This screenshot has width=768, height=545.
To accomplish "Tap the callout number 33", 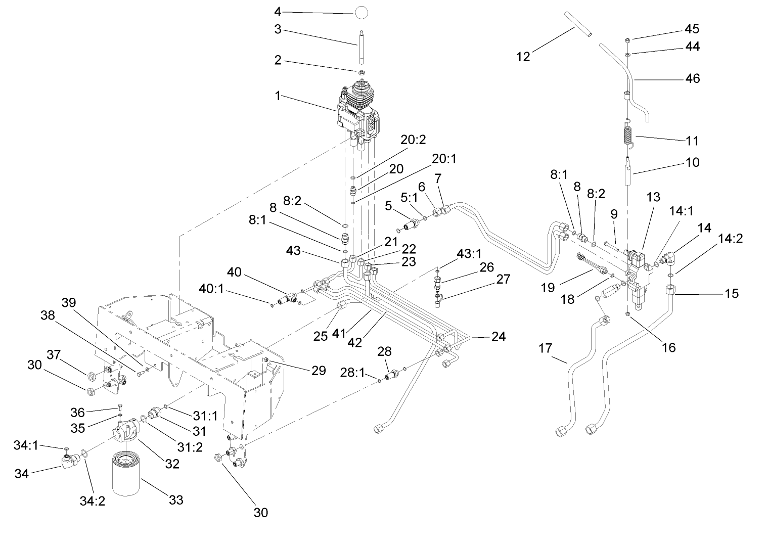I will tap(176, 500).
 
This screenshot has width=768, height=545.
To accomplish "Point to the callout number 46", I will tap(693, 78).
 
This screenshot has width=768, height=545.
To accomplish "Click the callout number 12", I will tap(523, 57).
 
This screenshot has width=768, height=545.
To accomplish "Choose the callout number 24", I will tap(498, 336).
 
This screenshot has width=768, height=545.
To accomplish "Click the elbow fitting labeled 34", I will tap(69, 460).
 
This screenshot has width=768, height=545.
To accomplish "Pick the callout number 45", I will tap(692, 28).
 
